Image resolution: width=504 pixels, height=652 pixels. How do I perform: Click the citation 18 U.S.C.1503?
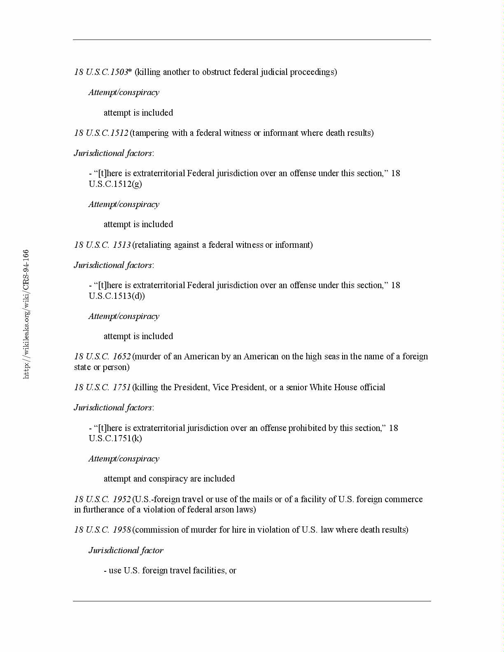click(101, 72)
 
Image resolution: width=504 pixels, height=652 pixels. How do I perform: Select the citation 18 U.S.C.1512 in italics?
click(101, 133)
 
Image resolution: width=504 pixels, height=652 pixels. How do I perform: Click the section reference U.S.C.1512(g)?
click(115, 184)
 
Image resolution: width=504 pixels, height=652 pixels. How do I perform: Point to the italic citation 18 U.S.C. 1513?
click(102, 245)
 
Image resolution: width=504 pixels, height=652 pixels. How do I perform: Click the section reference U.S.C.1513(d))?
click(117, 296)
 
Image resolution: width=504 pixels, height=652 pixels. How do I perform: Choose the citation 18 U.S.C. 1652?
click(102, 356)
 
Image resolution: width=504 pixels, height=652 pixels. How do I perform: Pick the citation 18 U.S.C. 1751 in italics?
click(102, 387)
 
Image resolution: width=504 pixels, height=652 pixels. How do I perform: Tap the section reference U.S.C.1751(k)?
click(115, 438)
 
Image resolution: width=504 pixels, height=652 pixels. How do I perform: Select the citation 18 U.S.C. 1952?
click(102, 499)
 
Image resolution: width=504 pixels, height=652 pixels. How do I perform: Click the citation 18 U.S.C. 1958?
click(102, 530)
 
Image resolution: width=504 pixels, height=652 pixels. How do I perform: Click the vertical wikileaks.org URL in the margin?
click(26, 314)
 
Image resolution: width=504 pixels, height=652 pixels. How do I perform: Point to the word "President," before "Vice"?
click(191, 387)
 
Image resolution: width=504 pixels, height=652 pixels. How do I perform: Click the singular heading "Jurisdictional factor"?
click(126, 550)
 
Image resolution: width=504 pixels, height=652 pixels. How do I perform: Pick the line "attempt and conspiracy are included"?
click(169, 479)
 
